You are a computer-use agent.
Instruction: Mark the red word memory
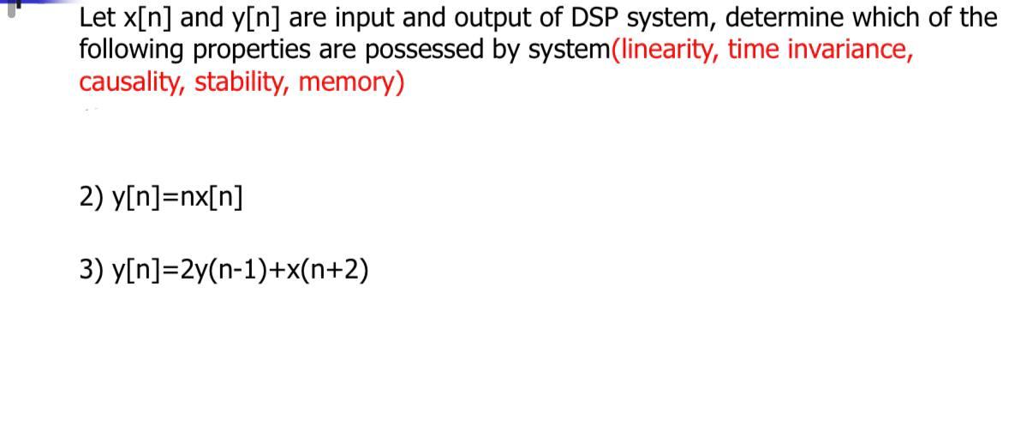[x=351, y=83]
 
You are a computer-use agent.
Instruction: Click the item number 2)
[x=91, y=197]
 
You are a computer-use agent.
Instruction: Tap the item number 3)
[x=91, y=270]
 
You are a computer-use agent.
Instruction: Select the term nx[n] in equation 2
[x=211, y=197]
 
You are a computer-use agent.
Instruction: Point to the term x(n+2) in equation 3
[x=331, y=270]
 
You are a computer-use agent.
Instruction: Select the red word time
[x=755, y=51]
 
